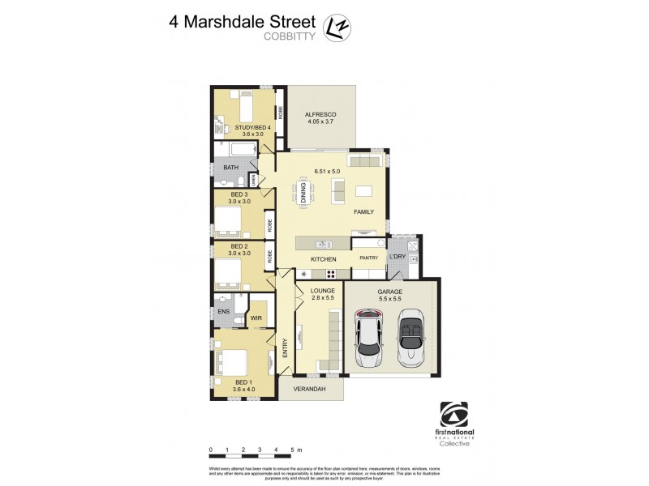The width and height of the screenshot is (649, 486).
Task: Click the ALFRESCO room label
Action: click(320, 116)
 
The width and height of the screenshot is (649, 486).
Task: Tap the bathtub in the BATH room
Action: click(239, 151)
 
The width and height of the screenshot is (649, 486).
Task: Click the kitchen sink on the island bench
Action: click(322, 244)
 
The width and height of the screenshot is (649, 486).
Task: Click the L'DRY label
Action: click(398, 258)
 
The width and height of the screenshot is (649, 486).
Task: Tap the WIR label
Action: click(256, 318)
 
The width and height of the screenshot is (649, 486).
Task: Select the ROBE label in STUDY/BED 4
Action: click(280, 113)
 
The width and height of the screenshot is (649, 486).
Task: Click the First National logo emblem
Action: click(454, 414)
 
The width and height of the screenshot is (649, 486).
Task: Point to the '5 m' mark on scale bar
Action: click(296, 449)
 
